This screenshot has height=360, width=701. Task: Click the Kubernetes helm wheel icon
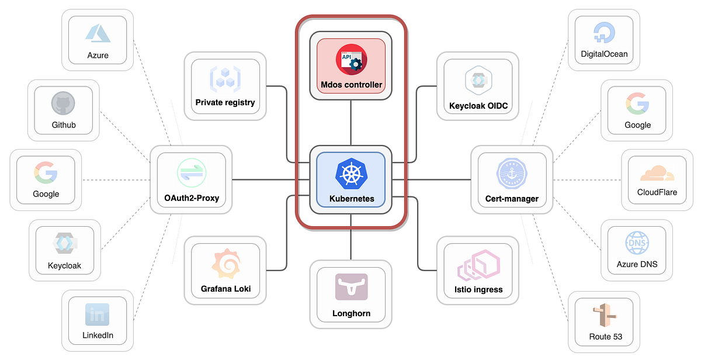(350, 173)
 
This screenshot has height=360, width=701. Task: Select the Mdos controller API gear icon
(351, 61)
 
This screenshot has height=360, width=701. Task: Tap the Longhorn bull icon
(351, 287)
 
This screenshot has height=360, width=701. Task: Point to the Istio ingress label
(478, 289)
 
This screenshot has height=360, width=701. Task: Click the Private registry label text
(225, 102)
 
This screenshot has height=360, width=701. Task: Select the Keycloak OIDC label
(478, 106)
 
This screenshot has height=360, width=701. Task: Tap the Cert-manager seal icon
(512, 174)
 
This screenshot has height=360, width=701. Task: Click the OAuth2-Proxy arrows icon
(192, 174)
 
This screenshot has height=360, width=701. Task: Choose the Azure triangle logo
(98, 33)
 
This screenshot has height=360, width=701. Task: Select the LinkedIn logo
(98, 314)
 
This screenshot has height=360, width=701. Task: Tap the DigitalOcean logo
(604, 33)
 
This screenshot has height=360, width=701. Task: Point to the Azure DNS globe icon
(636, 242)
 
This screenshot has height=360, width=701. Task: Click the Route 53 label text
(605, 337)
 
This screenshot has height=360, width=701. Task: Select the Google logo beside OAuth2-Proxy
(46, 172)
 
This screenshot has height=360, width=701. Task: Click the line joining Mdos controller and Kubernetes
(350, 122)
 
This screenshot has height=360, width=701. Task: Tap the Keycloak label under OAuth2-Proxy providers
(64, 265)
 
